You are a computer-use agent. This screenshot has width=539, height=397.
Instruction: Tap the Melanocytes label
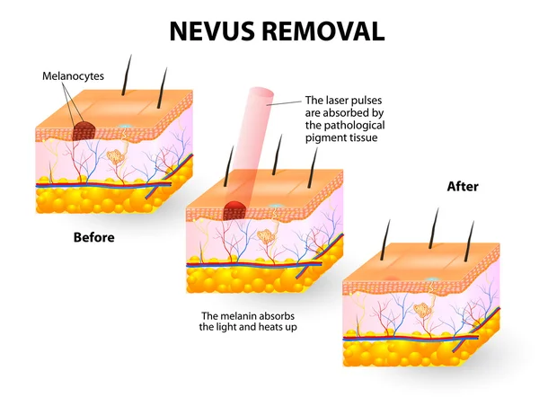73,76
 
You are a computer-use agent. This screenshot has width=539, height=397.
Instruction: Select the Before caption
93,237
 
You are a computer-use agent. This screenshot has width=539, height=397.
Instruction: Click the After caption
463,187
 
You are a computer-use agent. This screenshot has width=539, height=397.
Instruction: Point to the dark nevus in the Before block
84,130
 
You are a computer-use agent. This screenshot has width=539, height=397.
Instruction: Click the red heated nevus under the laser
235,210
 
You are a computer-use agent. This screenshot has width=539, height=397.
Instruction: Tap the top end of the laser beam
261,93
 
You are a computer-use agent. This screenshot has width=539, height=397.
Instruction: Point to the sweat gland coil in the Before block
116,157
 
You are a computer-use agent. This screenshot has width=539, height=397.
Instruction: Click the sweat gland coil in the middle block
266,235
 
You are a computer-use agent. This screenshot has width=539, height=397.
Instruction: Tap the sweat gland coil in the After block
422,310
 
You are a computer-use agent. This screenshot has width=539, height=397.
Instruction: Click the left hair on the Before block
127,75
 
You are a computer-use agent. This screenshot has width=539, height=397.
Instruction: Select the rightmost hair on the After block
469,241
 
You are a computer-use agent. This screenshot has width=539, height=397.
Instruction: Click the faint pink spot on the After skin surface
392,278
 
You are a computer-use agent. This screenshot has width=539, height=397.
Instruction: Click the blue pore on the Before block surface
124,127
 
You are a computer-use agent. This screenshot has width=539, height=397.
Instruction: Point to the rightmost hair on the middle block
313,168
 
